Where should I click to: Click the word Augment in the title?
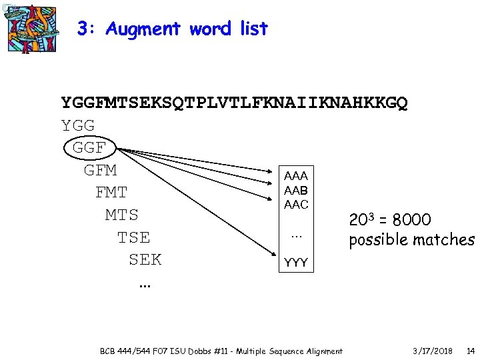point(143,29)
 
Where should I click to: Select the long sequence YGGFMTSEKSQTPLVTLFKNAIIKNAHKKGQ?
point(235,103)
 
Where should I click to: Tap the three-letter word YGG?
point(78,125)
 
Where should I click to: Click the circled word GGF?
point(89,148)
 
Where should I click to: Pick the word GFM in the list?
point(101,170)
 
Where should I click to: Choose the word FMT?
point(111,193)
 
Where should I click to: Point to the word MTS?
point(122,215)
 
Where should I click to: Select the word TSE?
point(133,237)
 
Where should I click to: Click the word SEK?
point(145,259)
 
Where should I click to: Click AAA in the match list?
point(296,176)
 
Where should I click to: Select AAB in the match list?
point(296,191)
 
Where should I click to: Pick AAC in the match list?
point(296,205)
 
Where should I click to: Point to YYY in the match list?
point(296,263)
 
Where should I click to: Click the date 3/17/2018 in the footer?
point(432,351)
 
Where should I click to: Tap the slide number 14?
point(471,351)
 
